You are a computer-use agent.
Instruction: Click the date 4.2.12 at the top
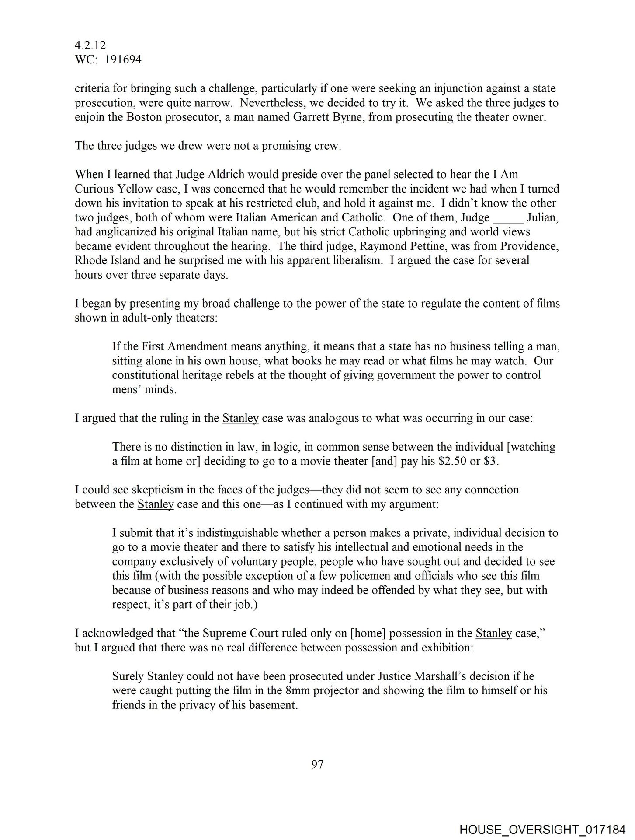point(90,45)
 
